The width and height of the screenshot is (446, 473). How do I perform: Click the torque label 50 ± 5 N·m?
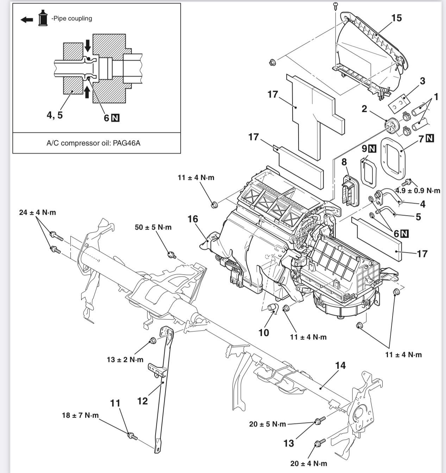[153, 227]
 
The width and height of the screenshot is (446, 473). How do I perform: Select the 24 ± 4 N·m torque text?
[38, 212]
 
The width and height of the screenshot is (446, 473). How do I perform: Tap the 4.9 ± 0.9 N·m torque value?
[418, 191]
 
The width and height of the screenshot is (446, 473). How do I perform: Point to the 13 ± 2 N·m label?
[125, 359]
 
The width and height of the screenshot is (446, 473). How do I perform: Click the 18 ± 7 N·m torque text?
[80, 415]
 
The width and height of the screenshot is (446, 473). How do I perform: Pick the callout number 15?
[396, 18]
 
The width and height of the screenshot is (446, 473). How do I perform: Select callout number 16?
[193, 219]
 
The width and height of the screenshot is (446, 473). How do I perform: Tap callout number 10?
[264, 333]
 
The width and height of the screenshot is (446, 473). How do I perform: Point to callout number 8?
[344, 162]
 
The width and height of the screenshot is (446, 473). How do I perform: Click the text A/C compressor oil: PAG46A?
[93, 143]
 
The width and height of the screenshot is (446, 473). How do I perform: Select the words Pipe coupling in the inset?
[73, 18]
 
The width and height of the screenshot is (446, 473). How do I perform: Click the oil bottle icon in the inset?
[43, 18]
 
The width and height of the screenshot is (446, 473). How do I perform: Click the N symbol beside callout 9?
[372, 149]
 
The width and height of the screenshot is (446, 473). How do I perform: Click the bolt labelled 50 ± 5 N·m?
[172, 255]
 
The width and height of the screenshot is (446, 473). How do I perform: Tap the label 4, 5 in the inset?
[55, 115]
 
